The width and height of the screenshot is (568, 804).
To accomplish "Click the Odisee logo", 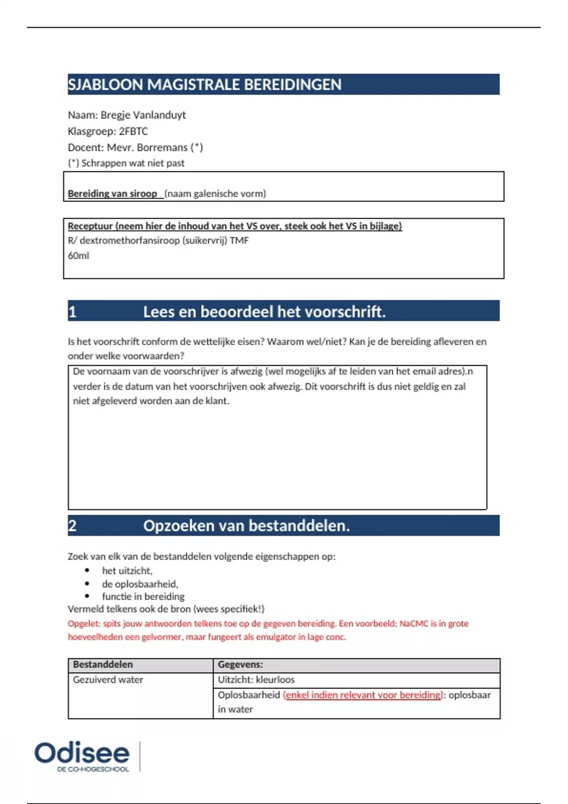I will [x=82, y=755].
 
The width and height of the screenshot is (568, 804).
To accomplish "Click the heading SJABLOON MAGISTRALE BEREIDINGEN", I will [x=204, y=85].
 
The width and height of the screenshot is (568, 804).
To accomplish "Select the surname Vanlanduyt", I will [x=160, y=115].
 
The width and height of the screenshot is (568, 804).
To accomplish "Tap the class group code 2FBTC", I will [x=133, y=131].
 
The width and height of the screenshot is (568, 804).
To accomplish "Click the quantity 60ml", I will [x=79, y=255].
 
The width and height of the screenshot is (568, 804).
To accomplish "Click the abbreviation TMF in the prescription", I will [x=239, y=240].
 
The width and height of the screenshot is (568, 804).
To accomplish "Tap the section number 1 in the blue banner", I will [x=72, y=312].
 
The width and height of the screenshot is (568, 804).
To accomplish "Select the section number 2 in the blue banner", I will [x=72, y=525].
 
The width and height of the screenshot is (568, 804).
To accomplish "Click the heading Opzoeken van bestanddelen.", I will [x=246, y=525].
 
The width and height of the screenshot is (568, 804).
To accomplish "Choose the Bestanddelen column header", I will [x=103, y=664].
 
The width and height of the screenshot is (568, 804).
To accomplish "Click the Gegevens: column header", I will [x=240, y=664].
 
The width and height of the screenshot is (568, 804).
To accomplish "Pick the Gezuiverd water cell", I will [x=108, y=680].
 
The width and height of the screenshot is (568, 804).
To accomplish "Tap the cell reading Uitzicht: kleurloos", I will [x=256, y=680].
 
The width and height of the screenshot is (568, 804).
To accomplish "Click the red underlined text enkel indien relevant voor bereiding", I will [x=363, y=695].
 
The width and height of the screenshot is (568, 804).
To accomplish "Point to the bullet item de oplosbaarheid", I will [x=140, y=584].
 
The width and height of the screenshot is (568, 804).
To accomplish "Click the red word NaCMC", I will [x=414, y=623].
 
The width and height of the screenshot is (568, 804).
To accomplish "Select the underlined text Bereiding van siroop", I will [x=112, y=193].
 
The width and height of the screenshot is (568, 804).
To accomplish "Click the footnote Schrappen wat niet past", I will [x=133, y=163].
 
